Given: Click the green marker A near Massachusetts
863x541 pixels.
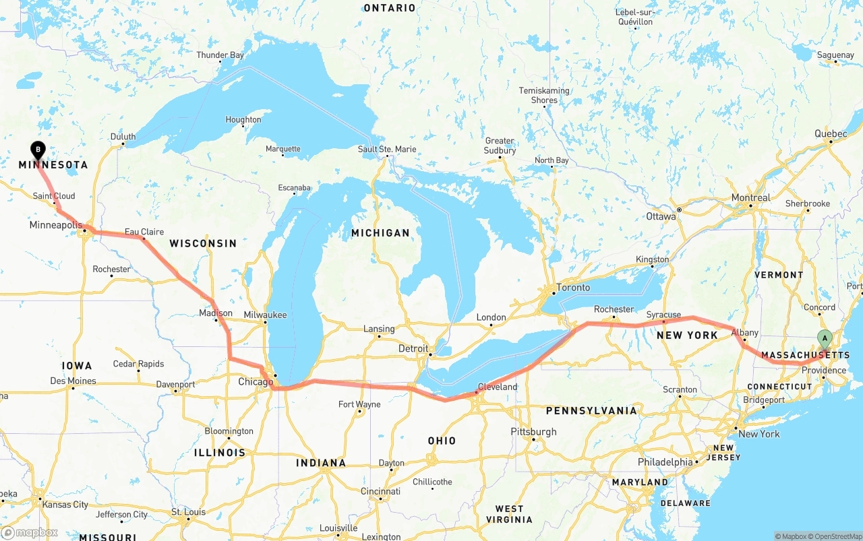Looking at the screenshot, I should click(x=824, y=339).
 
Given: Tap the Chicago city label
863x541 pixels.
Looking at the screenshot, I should click(x=256, y=382).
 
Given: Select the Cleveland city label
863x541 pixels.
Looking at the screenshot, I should click(x=497, y=387).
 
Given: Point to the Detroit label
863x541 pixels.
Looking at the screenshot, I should click(x=413, y=348).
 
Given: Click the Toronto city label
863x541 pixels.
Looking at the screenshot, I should click(x=573, y=288).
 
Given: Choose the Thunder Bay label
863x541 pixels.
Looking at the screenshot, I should click(x=220, y=55).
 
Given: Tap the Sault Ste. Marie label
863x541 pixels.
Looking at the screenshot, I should click(x=387, y=149).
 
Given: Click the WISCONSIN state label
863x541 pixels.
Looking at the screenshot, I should click(x=203, y=243).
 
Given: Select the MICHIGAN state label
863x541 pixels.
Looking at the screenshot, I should click(x=380, y=232).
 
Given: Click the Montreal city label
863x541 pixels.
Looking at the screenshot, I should click(x=750, y=197).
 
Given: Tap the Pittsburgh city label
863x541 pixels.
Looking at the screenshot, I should click(x=533, y=431).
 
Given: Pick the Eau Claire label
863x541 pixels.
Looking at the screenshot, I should click(x=144, y=232).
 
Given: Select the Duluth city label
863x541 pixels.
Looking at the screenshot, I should click(x=123, y=137).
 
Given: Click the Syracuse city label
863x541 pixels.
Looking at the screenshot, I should click(x=663, y=315).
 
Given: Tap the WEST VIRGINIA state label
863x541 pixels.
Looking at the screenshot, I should click(x=509, y=514).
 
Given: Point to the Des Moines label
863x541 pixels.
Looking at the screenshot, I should click(x=73, y=381).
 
